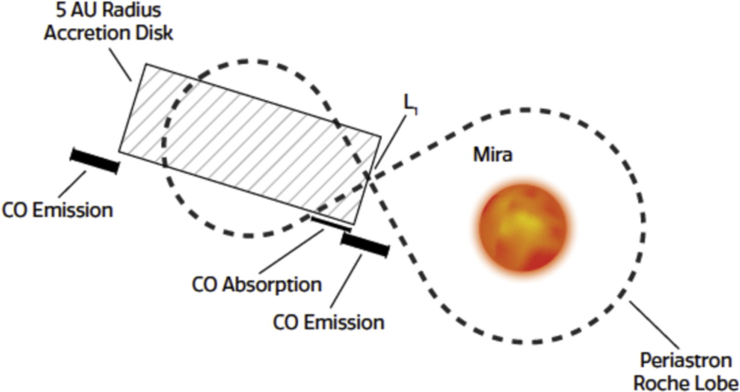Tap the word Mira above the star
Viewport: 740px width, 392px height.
492,155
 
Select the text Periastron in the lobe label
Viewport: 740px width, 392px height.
685,361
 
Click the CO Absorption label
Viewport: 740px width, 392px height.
257,285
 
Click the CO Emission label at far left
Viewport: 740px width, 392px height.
57,210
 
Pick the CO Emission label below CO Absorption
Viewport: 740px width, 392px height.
329,322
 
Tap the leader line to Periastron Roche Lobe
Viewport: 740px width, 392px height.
654,325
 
